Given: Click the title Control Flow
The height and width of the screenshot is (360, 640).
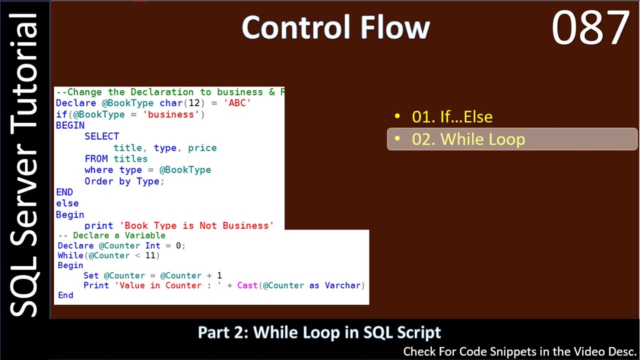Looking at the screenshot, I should pos(335,27).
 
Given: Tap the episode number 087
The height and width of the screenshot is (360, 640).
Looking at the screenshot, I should pos(590,28).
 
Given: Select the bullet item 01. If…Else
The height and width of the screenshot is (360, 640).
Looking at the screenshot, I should pos(452,116).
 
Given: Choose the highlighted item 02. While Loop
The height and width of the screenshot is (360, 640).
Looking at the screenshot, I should pos(468,139).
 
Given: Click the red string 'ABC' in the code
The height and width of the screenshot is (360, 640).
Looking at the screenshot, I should pos(237,103).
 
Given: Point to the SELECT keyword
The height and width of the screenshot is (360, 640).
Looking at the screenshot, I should pos(101,136).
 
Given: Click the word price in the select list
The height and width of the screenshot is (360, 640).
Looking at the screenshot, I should pos(202,148).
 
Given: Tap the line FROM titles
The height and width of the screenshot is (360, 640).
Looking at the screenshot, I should pos(116,159).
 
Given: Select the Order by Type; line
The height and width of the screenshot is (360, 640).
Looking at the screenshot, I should pos(124,181).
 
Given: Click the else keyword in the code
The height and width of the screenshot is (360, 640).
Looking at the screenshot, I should pos(67,203).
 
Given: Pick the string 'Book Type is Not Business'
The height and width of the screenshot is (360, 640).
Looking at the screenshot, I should pos(196,225).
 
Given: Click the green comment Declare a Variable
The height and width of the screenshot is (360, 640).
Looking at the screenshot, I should pos(119,235).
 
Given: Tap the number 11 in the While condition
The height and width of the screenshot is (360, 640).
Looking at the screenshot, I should pos(150,255).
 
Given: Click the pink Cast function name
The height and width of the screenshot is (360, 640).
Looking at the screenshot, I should pos(247,285).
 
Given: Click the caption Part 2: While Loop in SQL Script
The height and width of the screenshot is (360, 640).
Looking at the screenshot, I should pos(319,332).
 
